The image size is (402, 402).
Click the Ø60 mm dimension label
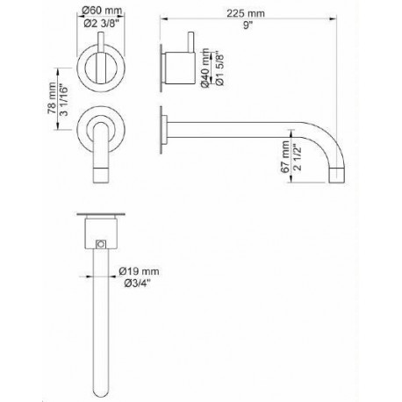point(102,11)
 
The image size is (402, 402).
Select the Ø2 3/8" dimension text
point(102,24)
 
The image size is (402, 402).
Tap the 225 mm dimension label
point(246,13)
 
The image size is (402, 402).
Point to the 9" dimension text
point(248,25)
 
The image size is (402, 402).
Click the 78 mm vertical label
point(52,98)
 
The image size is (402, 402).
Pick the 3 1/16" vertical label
point(63,100)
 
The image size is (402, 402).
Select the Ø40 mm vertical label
point(205,68)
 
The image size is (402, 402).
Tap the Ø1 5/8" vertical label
point(219,69)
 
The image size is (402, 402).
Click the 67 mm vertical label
point(284,157)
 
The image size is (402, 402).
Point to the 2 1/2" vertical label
point(298,158)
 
